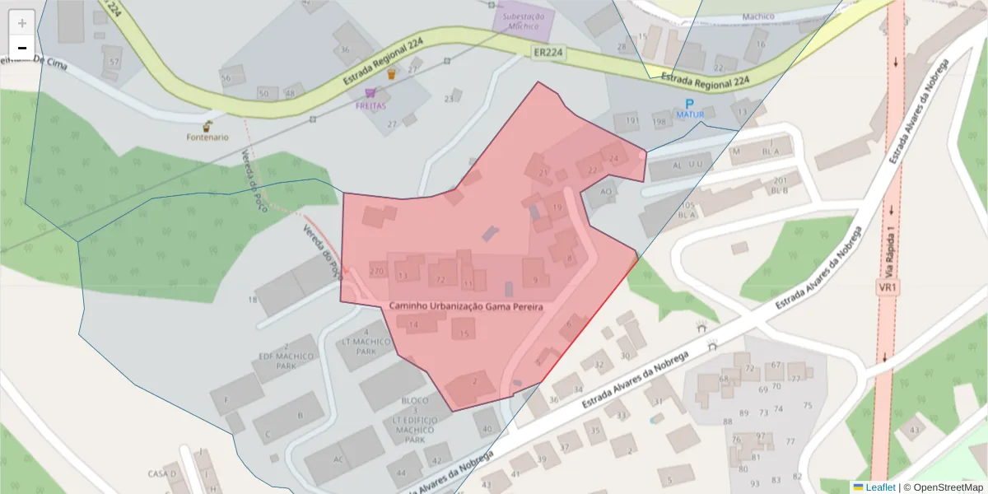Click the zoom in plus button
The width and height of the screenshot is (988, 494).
22,22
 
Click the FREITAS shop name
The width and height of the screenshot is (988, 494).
370,106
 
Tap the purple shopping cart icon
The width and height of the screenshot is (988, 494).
370,93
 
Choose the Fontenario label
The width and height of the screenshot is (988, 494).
207,137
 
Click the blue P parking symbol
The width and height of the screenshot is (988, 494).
689,104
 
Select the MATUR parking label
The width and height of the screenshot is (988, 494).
690,114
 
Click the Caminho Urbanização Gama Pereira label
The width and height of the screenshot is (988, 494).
466,306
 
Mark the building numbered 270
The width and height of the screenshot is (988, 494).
378,271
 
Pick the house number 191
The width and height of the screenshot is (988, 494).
631,121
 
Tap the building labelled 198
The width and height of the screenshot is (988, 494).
659,123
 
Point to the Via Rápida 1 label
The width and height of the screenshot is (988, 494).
890,251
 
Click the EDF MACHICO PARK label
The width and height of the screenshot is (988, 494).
286,361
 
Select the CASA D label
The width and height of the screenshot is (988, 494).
162,473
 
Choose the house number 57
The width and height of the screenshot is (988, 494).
114,62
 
